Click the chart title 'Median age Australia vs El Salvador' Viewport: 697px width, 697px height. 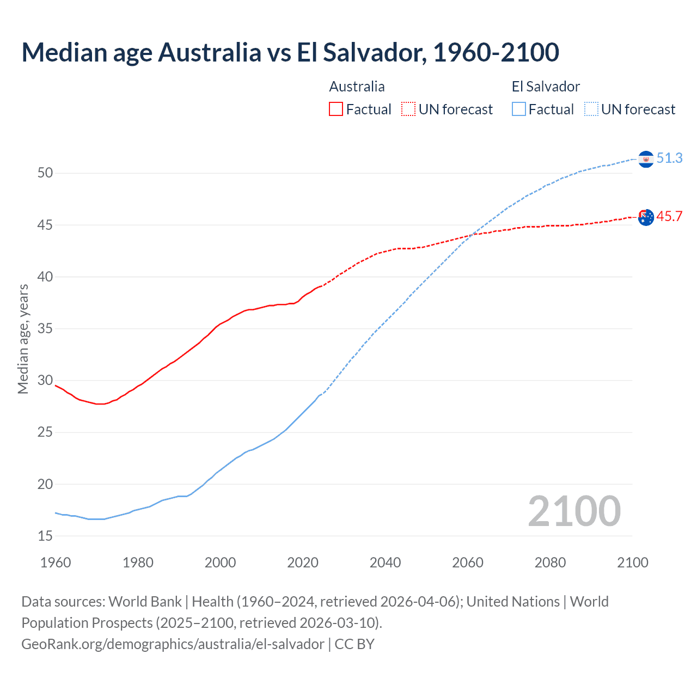coord(290,52)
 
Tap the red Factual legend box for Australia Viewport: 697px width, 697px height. coord(336,109)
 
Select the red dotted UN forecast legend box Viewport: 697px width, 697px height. coord(408,109)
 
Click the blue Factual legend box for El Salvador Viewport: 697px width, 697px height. coord(519,109)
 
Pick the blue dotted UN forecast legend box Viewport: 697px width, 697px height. coord(591,109)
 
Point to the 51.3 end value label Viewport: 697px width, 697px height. coord(669,158)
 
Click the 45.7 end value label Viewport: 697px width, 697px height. coord(669,217)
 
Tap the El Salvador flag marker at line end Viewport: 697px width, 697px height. coord(646,159)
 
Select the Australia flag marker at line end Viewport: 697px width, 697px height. coord(646,217)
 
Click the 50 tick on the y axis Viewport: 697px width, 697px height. coord(45,173)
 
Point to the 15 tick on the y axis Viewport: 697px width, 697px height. coord(45,536)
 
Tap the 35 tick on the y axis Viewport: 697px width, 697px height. coord(45,329)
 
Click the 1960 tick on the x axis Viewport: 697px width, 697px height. coord(56,563)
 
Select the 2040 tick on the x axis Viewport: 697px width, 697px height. coord(385,563)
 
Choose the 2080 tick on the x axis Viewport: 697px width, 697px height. coord(550,563)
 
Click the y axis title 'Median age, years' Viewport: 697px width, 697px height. coord(23,339)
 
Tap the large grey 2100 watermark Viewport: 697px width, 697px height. coord(574,511)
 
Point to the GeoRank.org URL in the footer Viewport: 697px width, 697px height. coord(173,644)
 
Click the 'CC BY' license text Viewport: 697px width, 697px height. coord(354,644)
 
